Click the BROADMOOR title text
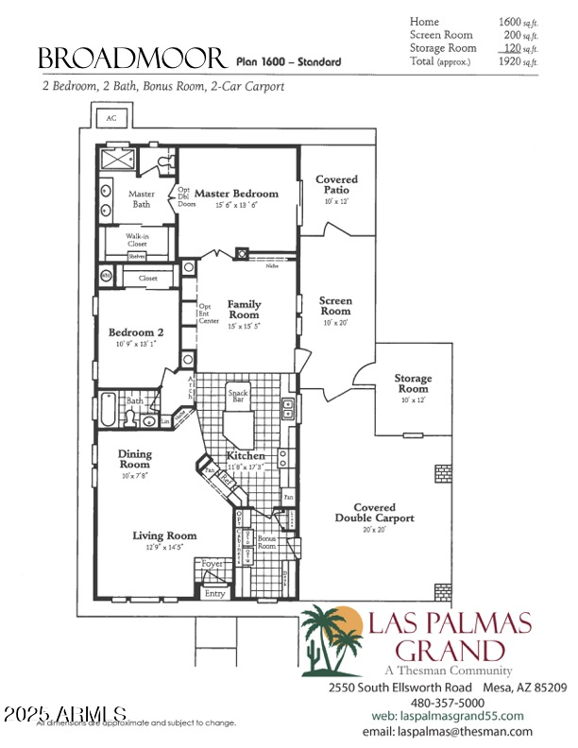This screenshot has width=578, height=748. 131,59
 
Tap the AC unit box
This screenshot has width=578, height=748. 110,118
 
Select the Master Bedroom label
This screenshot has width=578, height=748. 236,194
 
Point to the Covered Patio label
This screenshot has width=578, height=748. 336,184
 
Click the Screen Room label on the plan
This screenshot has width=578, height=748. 335,306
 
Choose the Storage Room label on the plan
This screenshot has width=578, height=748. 413,383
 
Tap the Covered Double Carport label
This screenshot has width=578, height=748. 374,513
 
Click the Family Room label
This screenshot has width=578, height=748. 244,310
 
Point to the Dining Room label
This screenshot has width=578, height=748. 134,459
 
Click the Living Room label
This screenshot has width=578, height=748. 164,535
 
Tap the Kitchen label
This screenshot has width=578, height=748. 245,455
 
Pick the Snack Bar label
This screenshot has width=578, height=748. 238,395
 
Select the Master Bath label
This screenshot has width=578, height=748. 141,198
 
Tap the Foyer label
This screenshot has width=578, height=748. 213,563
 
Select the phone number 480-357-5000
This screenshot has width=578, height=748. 448,703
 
